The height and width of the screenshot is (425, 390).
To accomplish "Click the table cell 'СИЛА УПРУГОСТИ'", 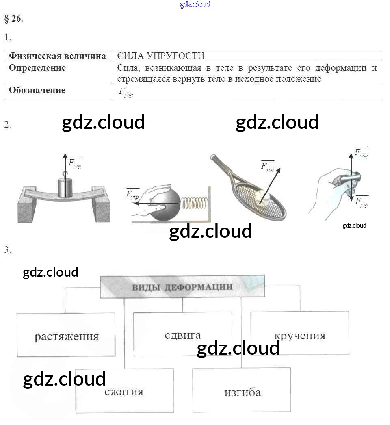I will tap(161, 56).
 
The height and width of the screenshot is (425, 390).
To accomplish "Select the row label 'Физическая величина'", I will tap(57, 56).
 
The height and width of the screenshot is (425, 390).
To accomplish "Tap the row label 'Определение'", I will tap(37, 67).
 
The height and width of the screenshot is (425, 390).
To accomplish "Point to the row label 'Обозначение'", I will tap(37, 90).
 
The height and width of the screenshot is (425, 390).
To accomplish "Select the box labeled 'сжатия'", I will tap(124, 391).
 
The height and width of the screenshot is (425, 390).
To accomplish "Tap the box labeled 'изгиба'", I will tap(242, 392).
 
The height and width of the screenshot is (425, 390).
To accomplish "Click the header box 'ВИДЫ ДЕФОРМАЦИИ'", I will tap(182, 287).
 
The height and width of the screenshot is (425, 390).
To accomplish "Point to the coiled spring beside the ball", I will tap(194, 202).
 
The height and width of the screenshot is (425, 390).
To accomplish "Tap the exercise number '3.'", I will tap(8, 249).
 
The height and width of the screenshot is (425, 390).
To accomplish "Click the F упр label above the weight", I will tap(75, 163).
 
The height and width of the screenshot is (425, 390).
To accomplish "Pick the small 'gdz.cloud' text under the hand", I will tap(354, 226).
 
